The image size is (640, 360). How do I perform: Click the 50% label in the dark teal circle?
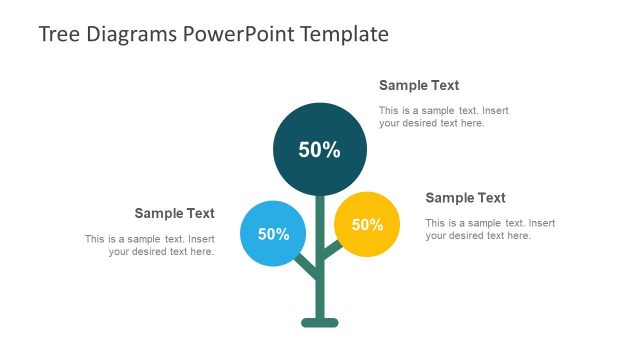click(320, 150)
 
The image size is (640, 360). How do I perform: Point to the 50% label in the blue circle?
click(273, 234)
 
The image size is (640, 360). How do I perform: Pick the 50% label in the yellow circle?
click(367, 224)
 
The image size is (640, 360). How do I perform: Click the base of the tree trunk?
click(320, 322)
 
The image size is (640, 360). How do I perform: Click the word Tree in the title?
click(58, 34)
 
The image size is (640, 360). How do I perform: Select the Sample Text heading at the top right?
click(419, 85)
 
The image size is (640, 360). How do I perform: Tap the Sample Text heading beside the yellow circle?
click(465, 198)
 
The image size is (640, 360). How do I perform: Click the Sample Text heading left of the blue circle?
click(174, 213)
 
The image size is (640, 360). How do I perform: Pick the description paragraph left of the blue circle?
click(150, 245)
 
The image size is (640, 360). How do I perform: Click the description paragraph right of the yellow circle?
click(490, 229)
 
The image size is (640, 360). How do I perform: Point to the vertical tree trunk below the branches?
click(320, 295)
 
